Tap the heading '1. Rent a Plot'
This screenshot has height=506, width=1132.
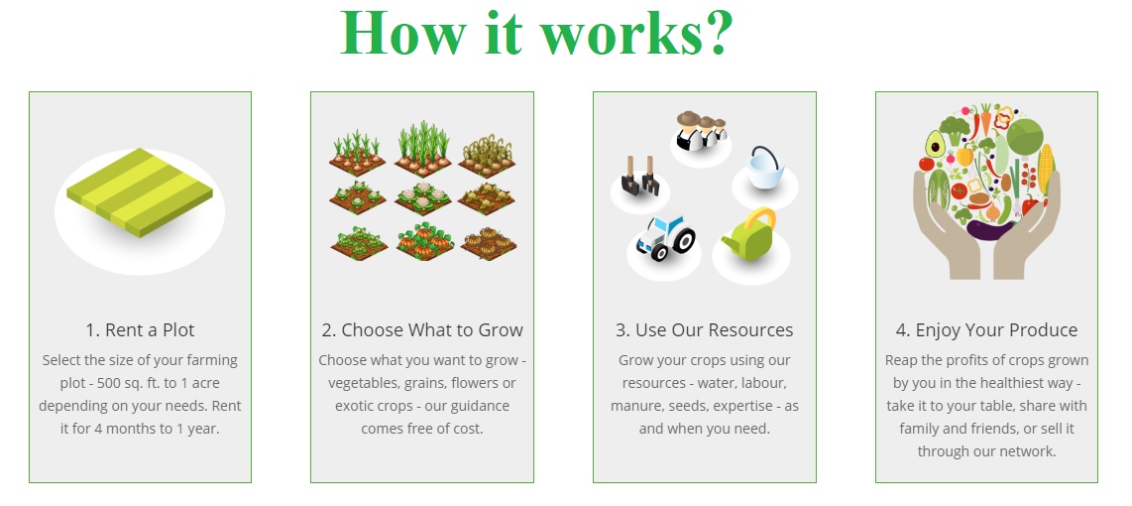[140, 330]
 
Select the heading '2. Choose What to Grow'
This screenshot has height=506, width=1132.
[422, 330]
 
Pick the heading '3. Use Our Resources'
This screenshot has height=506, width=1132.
[705, 330]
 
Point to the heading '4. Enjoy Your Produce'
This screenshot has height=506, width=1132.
[987, 330]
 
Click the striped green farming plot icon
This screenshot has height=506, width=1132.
[140, 192]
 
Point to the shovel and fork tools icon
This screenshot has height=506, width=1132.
[639, 175]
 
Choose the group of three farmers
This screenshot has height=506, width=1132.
[700, 130]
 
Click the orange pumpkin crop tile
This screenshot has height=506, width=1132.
[426, 241]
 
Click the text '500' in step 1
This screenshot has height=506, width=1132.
[145, 383]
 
